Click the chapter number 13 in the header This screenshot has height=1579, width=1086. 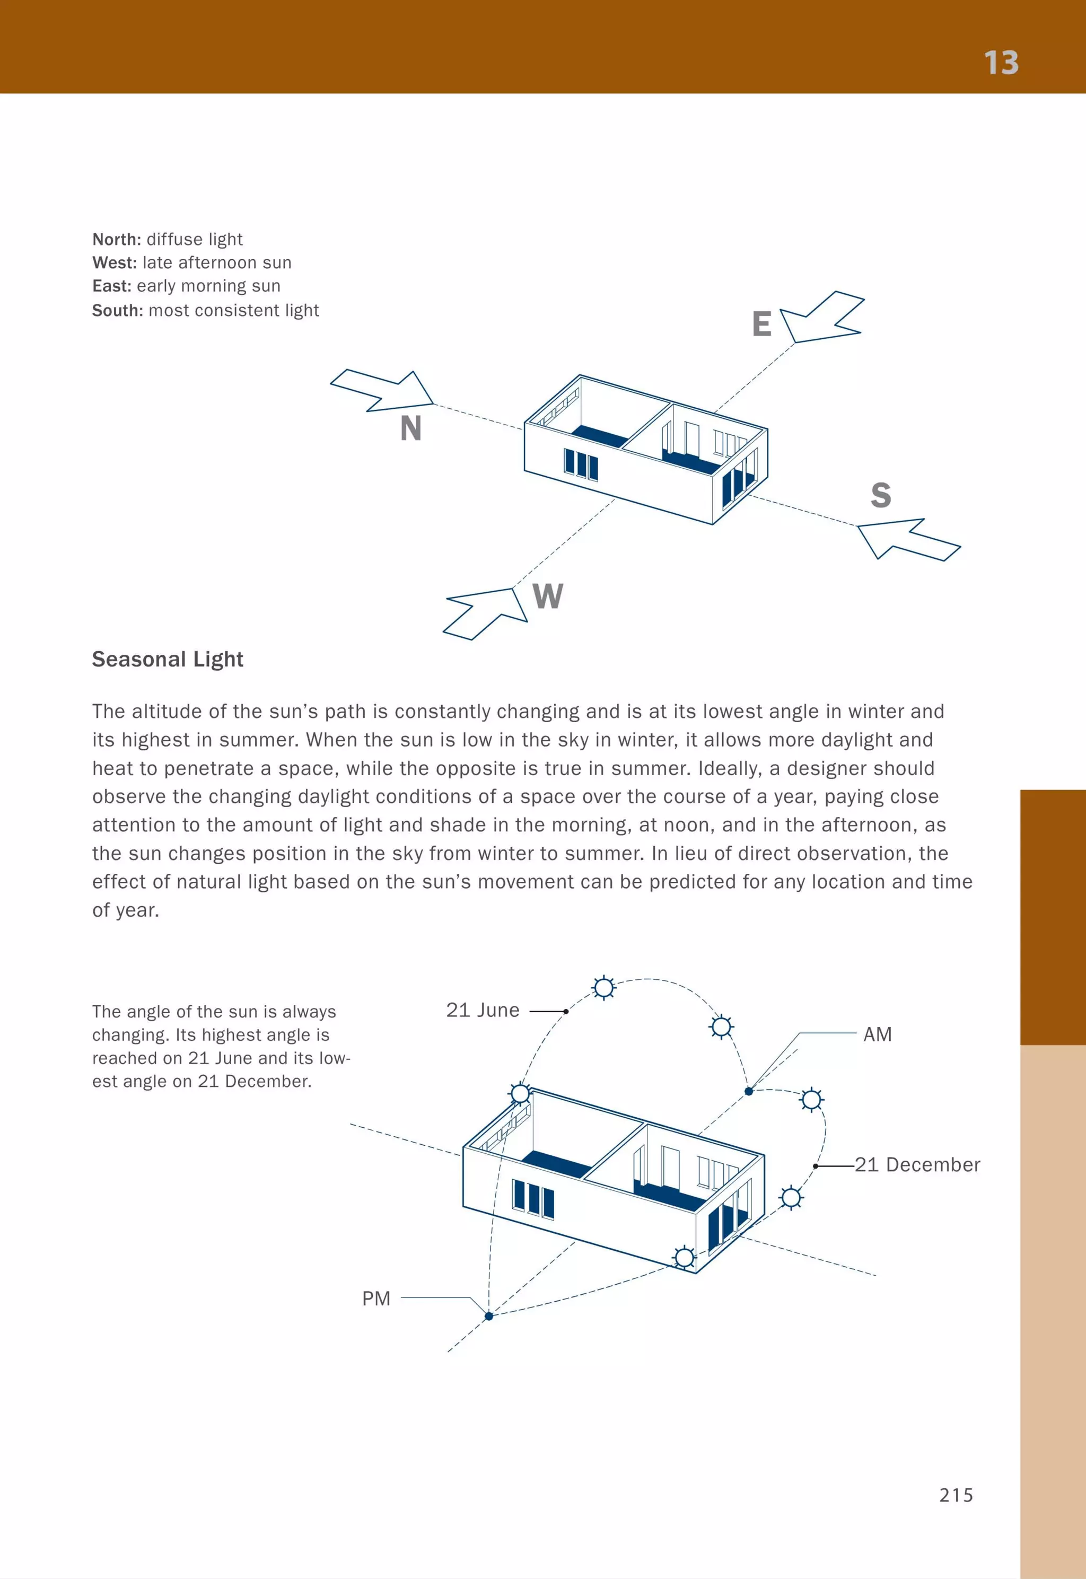[1001, 63]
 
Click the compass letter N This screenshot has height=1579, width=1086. [411, 428]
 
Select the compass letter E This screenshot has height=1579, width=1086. [761, 324]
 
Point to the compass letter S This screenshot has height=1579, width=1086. [880, 495]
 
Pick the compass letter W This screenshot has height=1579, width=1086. [548, 596]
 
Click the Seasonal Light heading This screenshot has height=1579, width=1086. [168, 659]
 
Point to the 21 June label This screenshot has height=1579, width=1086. [483, 1010]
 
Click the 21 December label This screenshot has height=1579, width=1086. [917, 1165]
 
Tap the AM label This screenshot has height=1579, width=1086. [877, 1035]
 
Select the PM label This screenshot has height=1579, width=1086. [376, 1299]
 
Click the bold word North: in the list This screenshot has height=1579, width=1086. [116, 240]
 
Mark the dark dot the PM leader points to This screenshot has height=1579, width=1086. [488, 1317]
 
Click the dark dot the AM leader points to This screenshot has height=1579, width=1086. [749, 1091]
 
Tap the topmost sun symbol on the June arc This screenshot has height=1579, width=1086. [603, 987]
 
